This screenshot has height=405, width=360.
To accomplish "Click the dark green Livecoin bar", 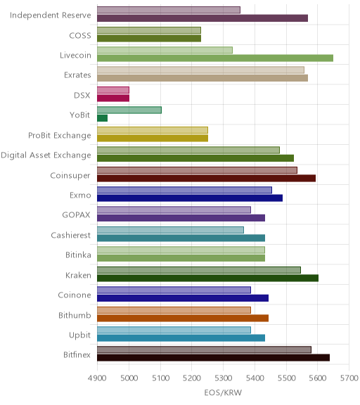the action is click(215, 58).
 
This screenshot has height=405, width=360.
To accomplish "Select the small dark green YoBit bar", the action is click(102, 118).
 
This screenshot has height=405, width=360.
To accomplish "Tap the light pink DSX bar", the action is click(113, 90).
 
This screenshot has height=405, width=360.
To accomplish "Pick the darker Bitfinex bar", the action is click(213, 358).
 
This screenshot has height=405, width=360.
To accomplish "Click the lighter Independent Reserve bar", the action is click(169, 10).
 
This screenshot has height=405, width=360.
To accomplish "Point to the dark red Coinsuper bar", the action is click(206, 178).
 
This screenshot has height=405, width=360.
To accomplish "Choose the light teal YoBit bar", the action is click(129, 110).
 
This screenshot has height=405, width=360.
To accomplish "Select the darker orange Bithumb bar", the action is click(183, 318).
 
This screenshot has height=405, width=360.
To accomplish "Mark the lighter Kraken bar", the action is click(199, 270).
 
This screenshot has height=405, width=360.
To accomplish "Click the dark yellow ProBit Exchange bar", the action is click(153, 139).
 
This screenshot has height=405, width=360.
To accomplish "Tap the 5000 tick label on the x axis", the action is click(129, 378).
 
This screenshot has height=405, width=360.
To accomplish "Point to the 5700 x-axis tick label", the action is click(349, 378).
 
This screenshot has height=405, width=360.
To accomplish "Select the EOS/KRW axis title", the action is click(223, 392).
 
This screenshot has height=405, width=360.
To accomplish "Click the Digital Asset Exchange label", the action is click(46, 155).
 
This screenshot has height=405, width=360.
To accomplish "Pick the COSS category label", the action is click(80, 35).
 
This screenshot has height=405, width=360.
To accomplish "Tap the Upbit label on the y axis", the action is click(79, 335).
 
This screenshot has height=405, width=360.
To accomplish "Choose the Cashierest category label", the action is click(71, 236).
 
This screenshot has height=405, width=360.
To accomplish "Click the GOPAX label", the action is click(76, 215).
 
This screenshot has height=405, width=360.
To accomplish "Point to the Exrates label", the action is click(77, 75).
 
